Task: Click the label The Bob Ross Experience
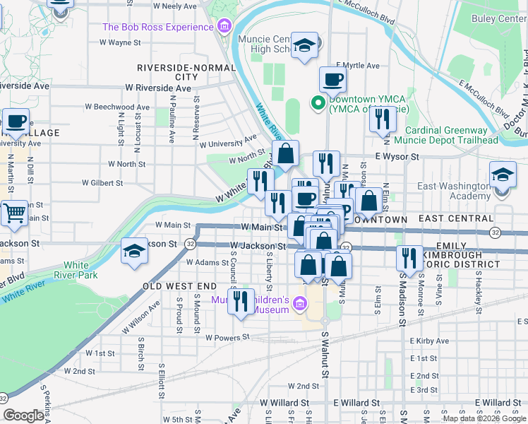coord(157,27)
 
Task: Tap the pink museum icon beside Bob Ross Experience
coord(224,28)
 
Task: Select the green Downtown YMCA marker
coord(318,105)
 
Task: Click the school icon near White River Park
coord(134,252)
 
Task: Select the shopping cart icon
coord(14,211)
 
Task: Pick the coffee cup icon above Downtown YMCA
coord(332,79)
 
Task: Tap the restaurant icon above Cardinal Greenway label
coord(382,119)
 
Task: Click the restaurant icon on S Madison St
coord(409,258)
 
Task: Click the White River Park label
coord(76,271)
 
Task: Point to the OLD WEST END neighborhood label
coord(179,286)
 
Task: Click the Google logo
coord(23,416)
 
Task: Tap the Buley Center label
coord(502,19)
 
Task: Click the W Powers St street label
coord(229,338)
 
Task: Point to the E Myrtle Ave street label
coord(358,66)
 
